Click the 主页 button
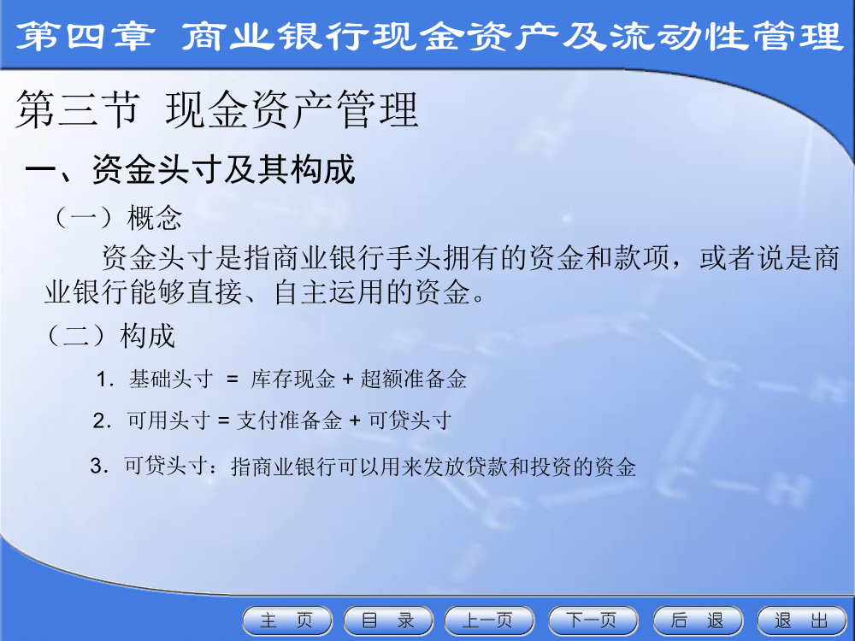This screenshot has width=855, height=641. coord(286,620)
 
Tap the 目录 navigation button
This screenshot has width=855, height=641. coord(388,620)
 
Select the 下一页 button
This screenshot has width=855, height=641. coord(593,620)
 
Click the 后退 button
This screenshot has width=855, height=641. coord(698,620)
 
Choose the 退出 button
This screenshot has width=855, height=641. coord(802,620)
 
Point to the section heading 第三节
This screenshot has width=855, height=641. coord(78,109)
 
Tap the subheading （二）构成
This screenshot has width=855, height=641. coord(110,335)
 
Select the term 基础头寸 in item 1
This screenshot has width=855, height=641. coord(171,379)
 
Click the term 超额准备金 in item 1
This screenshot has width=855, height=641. coord(413,379)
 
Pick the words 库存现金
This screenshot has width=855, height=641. coord(292,379)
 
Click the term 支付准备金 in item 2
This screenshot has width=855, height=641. coord(289,420)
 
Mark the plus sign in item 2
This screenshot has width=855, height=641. coord(355,421)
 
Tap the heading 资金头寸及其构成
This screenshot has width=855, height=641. coord(223,169)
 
